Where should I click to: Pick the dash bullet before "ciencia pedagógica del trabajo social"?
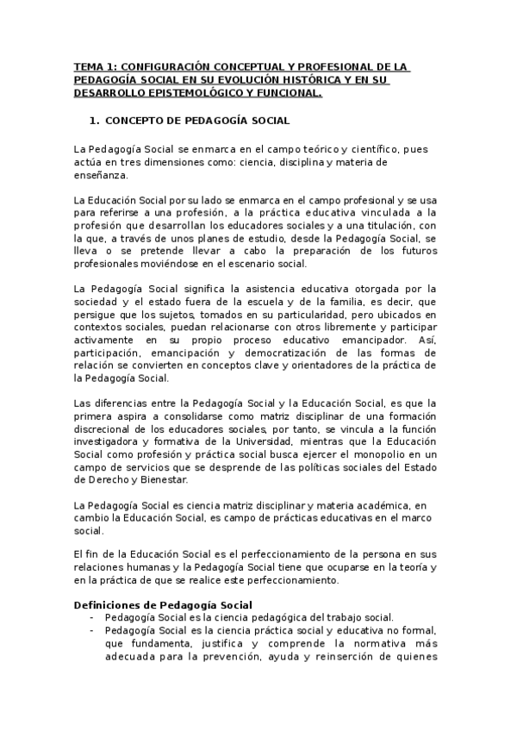click(91, 617)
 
